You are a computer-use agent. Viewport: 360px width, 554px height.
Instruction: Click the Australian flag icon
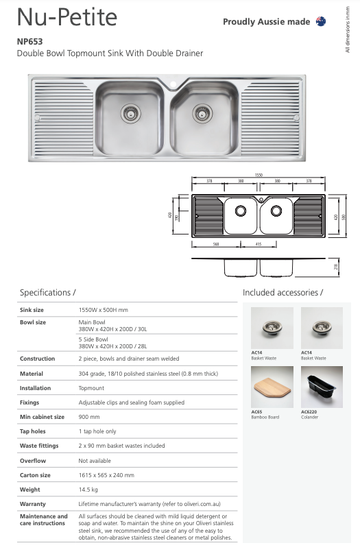click(x=320, y=22)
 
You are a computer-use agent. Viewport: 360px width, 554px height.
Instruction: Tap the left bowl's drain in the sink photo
click(x=130, y=111)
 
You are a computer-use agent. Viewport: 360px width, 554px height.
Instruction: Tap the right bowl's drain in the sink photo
click(x=202, y=111)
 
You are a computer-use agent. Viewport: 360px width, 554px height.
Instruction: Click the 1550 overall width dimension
click(x=259, y=175)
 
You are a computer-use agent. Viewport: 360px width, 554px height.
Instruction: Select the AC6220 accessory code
click(x=309, y=412)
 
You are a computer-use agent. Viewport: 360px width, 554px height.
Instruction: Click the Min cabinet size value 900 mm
click(x=89, y=416)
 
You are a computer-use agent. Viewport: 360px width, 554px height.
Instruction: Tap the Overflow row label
click(x=32, y=460)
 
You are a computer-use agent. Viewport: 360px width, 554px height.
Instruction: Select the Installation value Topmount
click(x=92, y=387)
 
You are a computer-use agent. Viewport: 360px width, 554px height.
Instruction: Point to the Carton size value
click(x=106, y=474)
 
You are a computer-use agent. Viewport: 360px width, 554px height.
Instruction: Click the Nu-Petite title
click(x=67, y=16)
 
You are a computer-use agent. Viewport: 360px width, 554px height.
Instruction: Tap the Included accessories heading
click(x=283, y=293)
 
